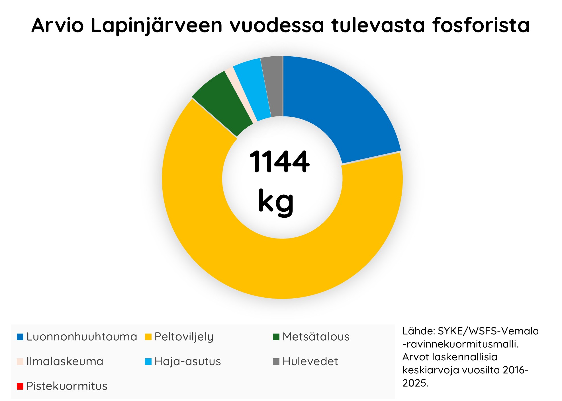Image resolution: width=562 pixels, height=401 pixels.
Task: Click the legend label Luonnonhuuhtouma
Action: click(81, 337)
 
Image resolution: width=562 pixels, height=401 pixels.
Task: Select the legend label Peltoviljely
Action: click(184, 337)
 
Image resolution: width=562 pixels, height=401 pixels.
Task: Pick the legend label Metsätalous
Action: click(316, 337)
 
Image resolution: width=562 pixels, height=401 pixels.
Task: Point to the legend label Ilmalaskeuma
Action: click(65, 361)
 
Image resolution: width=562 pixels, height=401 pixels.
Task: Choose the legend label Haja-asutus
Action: click(187, 361)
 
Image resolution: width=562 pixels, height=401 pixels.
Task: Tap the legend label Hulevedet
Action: click(310, 361)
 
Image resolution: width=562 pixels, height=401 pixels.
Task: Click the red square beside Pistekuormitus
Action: click(20, 386)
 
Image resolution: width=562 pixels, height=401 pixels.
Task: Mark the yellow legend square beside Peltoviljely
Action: click(148, 337)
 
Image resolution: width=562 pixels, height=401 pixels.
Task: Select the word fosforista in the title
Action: click(481, 25)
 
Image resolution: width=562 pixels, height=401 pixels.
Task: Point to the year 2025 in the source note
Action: click(415, 383)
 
